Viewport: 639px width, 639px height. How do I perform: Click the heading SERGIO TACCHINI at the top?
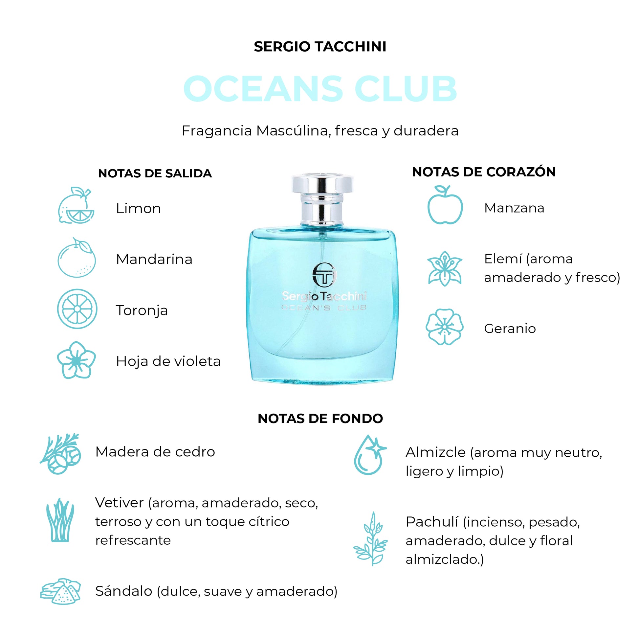click(x=320, y=47)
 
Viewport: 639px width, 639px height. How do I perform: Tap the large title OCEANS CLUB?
click(x=320, y=89)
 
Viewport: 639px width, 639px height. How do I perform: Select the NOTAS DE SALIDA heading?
click(x=155, y=173)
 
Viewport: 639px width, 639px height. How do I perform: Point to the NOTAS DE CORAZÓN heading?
click(x=484, y=172)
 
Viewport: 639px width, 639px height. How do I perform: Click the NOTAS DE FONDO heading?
click(x=320, y=419)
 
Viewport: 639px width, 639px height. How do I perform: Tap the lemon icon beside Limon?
click(x=76, y=205)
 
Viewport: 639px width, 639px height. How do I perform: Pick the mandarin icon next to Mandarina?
click(x=77, y=258)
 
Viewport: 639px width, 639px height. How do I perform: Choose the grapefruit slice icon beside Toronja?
click(x=77, y=309)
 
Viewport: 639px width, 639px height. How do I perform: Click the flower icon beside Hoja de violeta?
click(x=77, y=360)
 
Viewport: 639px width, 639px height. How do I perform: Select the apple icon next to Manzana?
click(x=445, y=205)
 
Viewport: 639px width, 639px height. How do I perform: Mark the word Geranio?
click(x=510, y=329)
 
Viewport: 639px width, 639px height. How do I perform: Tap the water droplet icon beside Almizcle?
click(x=369, y=455)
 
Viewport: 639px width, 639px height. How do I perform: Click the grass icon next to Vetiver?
click(x=60, y=520)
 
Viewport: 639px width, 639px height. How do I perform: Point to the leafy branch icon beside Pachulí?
click(x=370, y=538)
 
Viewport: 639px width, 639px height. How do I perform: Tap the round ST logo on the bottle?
click(x=324, y=275)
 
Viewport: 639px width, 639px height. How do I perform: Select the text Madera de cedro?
click(x=155, y=452)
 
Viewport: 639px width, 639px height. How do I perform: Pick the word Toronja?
click(x=142, y=311)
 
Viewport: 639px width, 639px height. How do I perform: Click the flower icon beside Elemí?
click(x=445, y=268)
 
